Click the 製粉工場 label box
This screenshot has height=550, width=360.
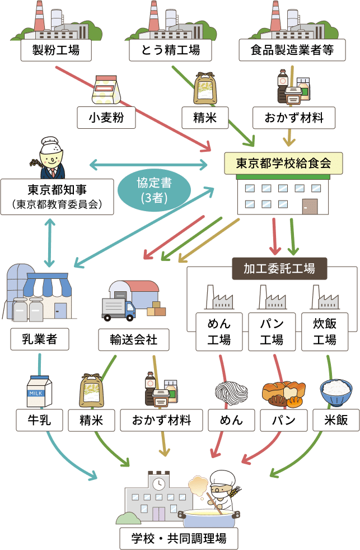pos(55,50)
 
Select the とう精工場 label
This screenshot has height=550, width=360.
pos(171,50)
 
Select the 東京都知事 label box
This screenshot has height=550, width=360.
pos(57,196)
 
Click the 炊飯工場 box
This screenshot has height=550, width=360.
pos(325,332)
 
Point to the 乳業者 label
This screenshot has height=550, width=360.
pos(39,339)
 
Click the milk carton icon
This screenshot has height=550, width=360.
pos(40,390)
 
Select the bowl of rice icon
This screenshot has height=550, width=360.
pos(335,391)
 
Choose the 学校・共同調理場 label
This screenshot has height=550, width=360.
pos(179,539)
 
